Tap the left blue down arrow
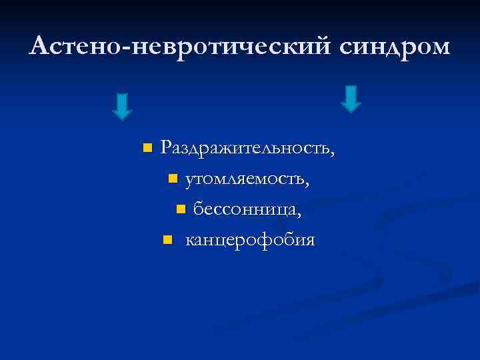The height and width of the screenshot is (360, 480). point(122,106)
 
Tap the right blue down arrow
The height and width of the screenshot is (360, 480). point(351,99)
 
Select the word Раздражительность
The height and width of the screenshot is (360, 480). point(244,147)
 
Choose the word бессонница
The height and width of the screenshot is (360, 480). point(244,210)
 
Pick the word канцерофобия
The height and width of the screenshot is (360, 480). point(249,239)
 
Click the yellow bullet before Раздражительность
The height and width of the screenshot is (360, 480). point(147,147)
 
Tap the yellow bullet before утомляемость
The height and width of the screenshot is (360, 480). point(173,179)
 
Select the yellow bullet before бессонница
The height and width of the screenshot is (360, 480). point(180,210)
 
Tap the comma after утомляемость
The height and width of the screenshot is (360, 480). point(307,184)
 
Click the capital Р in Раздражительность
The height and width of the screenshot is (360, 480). point(167,147)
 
